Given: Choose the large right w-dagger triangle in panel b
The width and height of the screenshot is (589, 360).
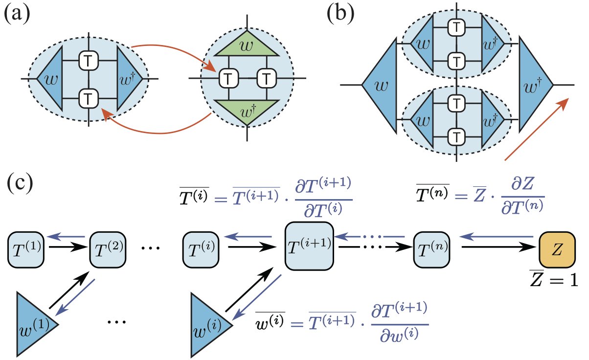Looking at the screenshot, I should (535, 85).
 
